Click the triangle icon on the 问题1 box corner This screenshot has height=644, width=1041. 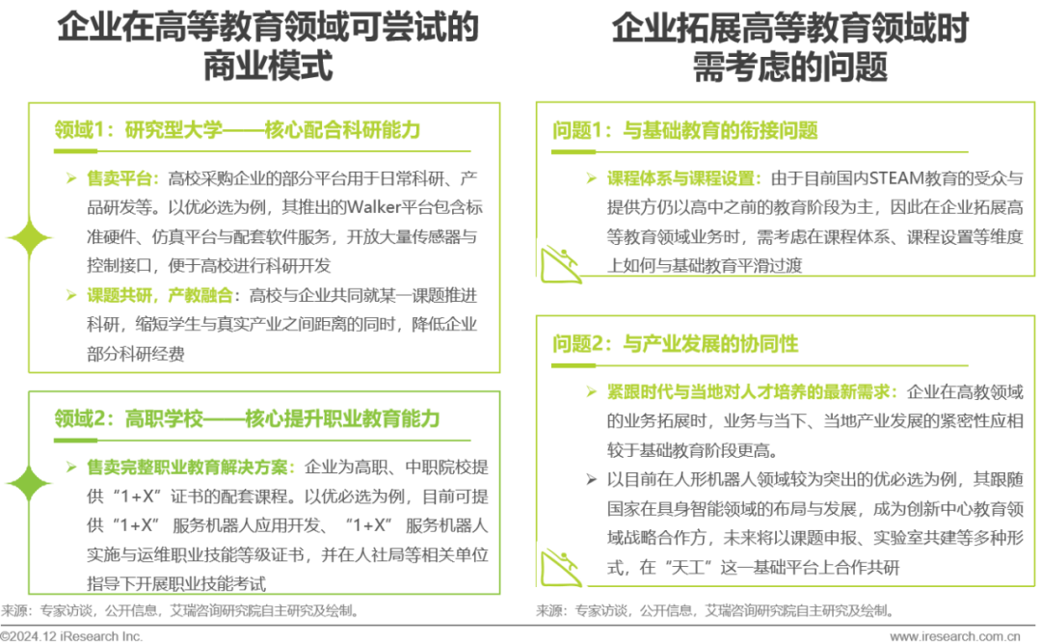point(558,263)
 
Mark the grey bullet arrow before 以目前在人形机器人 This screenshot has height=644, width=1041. point(591,478)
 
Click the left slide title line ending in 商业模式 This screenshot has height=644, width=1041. point(267,68)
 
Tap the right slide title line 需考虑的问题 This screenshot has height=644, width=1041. point(790,68)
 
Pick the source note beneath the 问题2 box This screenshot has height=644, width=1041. point(713,611)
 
